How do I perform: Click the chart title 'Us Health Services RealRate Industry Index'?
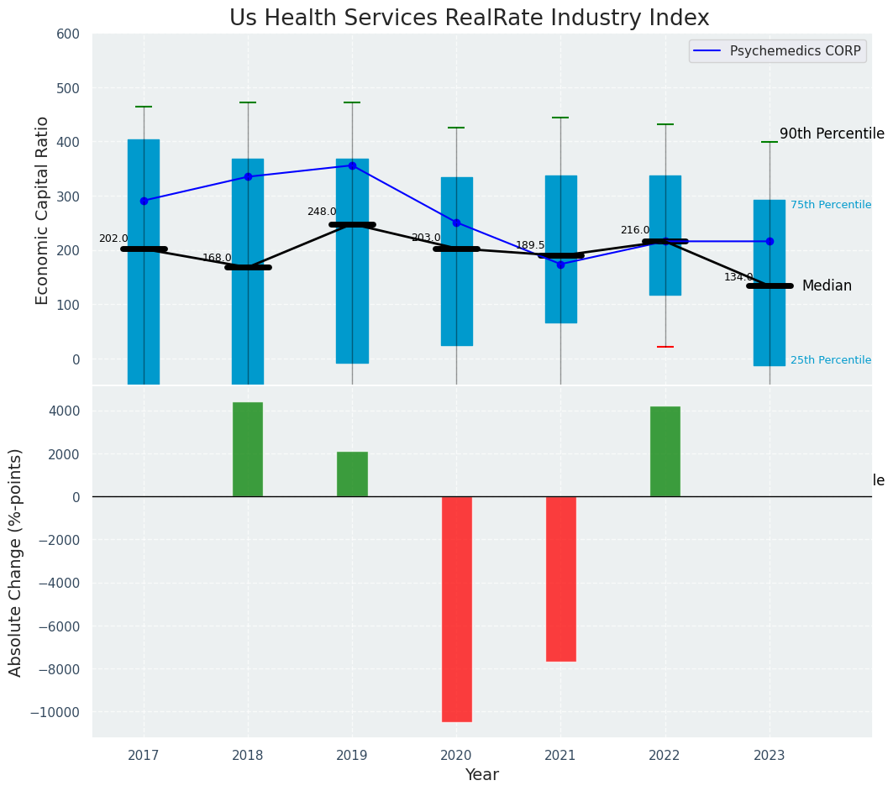point(469,18)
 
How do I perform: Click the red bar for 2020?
point(457,609)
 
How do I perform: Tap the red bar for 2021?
point(561,579)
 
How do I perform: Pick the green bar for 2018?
point(248,449)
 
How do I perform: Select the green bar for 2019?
point(352,474)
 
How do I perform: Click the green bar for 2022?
point(665,452)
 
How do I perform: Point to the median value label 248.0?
point(322,212)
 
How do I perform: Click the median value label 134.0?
point(738,277)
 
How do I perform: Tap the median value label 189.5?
point(530,245)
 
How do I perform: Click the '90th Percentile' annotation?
point(832,134)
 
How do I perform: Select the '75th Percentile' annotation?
point(830,205)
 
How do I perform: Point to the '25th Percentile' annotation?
point(830,360)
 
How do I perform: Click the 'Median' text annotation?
point(827,286)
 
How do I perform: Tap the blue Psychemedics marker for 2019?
point(352,165)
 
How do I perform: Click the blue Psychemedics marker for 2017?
point(144,201)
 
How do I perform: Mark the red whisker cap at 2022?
point(665,347)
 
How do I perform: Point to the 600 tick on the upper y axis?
point(68,34)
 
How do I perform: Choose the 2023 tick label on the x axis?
point(770,755)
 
